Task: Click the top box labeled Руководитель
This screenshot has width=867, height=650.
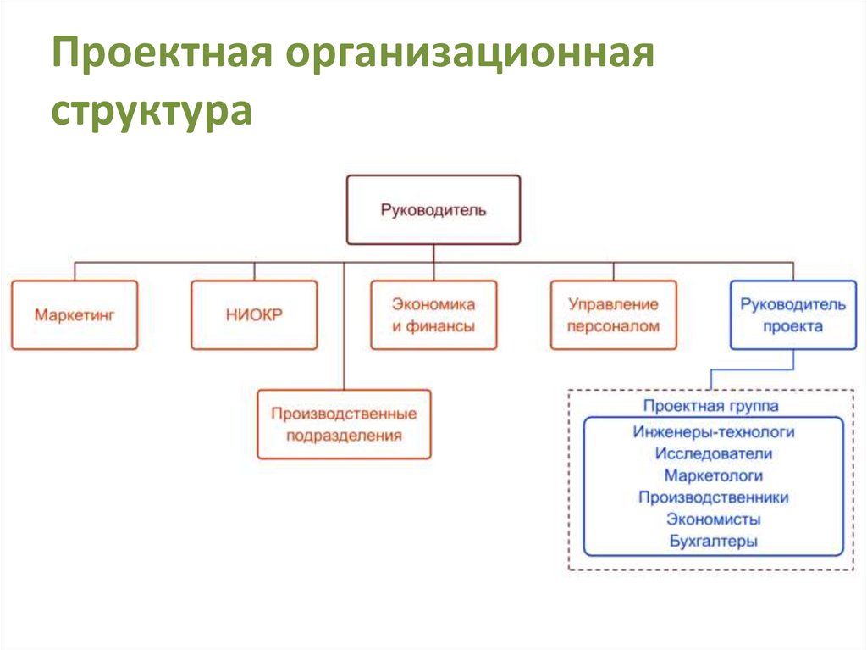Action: point(433,209)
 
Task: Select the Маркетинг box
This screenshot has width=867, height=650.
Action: point(75,314)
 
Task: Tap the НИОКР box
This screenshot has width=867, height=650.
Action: point(254,314)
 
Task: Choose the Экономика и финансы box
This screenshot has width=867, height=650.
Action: point(433,314)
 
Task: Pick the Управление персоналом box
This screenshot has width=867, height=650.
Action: point(613,314)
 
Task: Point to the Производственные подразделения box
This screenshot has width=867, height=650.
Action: point(344,425)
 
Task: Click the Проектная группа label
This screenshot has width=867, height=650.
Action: point(710,406)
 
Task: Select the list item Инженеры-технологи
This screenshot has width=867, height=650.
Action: point(713,432)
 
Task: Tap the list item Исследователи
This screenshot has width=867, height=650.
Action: point(713,454)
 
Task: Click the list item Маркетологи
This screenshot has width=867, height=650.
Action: point(713,476)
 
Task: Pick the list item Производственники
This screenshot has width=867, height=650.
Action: point(713,497)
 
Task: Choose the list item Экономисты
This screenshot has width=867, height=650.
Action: point(713,519)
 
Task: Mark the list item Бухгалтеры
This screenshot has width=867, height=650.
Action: point(713,541)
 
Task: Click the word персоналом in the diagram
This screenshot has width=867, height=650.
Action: point(613,326)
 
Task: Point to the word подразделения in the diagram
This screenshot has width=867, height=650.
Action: point(344,436)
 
